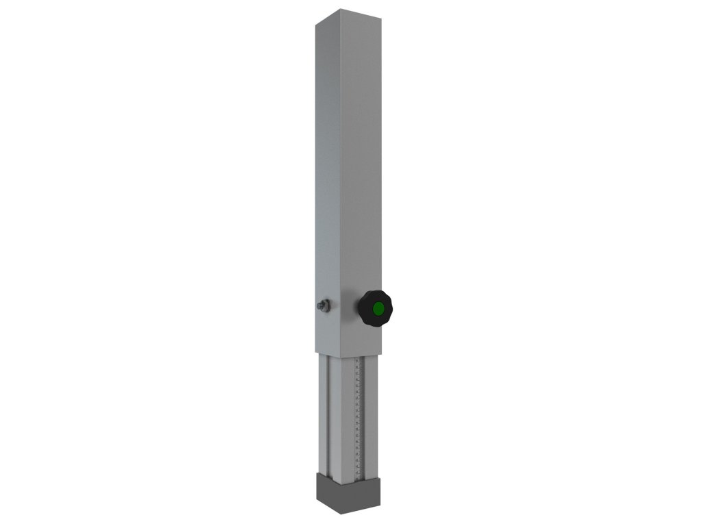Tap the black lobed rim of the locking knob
(365, 299)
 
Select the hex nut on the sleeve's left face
(325, 306)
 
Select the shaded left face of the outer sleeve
(328, 171)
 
